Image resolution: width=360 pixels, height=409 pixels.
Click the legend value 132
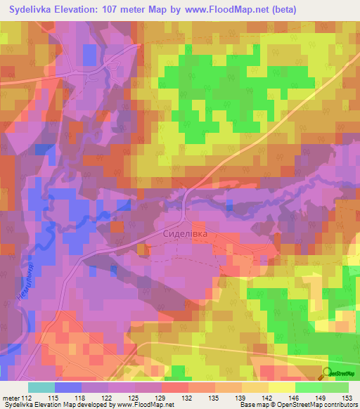click(x=188, y=397)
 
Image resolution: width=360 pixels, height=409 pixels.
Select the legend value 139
click(x=241, y=397)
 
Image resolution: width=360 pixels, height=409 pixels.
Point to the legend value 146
click(x=295, y=397)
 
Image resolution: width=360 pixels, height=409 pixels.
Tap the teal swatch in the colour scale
click(x=41, y=387)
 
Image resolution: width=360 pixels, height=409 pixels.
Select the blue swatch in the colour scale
click(x=68, y=387)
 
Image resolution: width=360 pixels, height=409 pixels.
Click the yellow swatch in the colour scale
click(x=281, y=387)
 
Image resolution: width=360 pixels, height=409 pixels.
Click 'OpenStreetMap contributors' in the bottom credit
click(x=316, y=405)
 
